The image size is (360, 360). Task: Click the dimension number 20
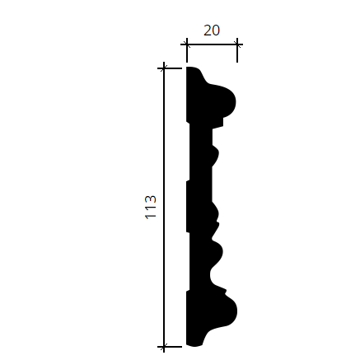click(x=212, y=30)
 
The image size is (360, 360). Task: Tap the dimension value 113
click(x=151, y=207)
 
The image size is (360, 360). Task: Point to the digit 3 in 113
click(x=151, y=199)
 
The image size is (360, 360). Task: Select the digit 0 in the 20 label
click(x=216, y=30)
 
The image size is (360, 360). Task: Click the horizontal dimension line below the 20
click(x=212, y=44)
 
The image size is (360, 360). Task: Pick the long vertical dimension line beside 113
click(x=164, y=208)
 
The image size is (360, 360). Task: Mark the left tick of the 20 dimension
click(x=187, y=50)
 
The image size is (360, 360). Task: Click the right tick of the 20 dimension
click(x=237, y=50)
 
